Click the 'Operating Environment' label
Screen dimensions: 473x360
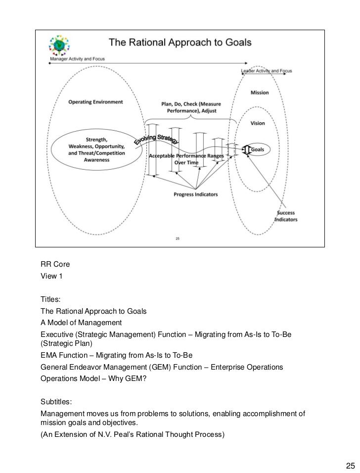95,102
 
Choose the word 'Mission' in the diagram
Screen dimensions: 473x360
260,93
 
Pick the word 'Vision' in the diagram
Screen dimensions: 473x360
258,123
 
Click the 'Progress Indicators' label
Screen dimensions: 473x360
195,194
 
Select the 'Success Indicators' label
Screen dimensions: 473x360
286,216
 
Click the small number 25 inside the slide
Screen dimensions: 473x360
178,238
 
